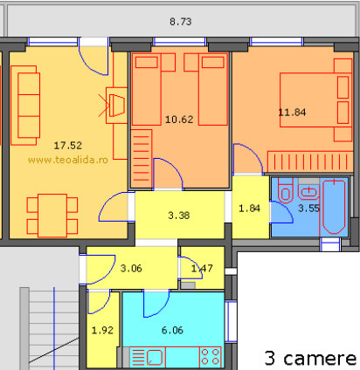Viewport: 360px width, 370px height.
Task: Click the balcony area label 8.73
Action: pos(181,22)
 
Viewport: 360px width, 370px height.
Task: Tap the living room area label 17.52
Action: pos(68,146)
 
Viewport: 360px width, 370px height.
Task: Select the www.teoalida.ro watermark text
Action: pos(68,160)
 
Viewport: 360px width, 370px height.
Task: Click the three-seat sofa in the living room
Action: pos(25,106)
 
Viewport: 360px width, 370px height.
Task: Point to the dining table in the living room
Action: pos(52,216)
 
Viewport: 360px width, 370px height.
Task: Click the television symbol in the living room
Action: pos(117,106)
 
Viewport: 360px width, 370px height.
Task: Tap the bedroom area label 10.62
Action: pos(179,120)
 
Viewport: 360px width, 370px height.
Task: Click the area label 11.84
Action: pos(292,113)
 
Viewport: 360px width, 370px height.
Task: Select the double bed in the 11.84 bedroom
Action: pos(316,100)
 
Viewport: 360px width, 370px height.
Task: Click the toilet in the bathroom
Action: pos(286,190)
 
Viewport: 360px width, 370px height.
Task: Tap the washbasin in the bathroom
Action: pos(308,192)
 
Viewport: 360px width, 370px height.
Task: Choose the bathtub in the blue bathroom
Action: pos(334,207)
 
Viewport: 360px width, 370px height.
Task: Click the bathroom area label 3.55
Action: pos(309,208)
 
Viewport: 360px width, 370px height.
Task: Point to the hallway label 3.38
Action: pos(179,216)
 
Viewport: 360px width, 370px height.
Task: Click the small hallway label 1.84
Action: pos(249,209)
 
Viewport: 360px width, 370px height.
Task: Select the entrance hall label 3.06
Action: pos(131,268)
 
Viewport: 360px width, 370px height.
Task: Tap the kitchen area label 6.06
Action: pos(172,330)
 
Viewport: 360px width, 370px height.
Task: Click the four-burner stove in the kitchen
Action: pos(211,357)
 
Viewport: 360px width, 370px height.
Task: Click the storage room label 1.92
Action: pos(102,330)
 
